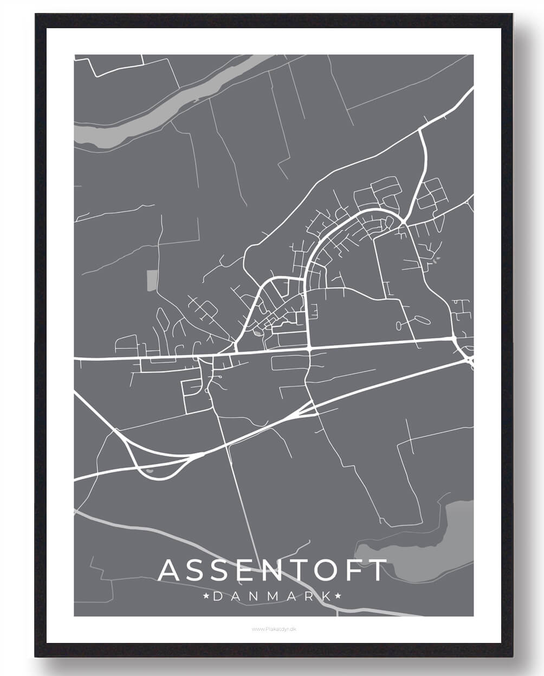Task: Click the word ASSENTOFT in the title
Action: point(273,570)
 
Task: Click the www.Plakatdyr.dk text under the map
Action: point(273,629)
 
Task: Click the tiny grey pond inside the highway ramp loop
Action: point(150,471)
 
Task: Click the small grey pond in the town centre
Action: point(257,332)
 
